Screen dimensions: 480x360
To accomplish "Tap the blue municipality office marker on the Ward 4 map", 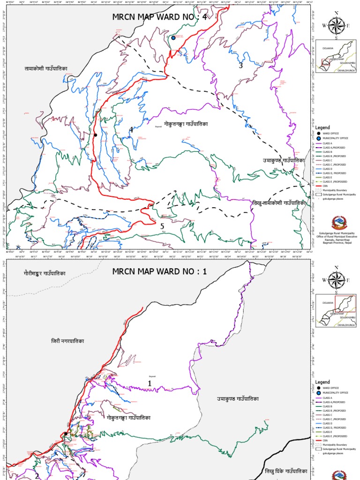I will click(x=173, y=38).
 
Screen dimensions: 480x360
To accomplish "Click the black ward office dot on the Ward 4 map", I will click(x=95, y=135).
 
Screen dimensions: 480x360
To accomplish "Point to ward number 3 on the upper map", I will click(x=241, y=66).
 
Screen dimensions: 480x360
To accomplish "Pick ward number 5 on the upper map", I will click(x=162, y=226).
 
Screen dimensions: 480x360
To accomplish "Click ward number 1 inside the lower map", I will click(x=150, y=383).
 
